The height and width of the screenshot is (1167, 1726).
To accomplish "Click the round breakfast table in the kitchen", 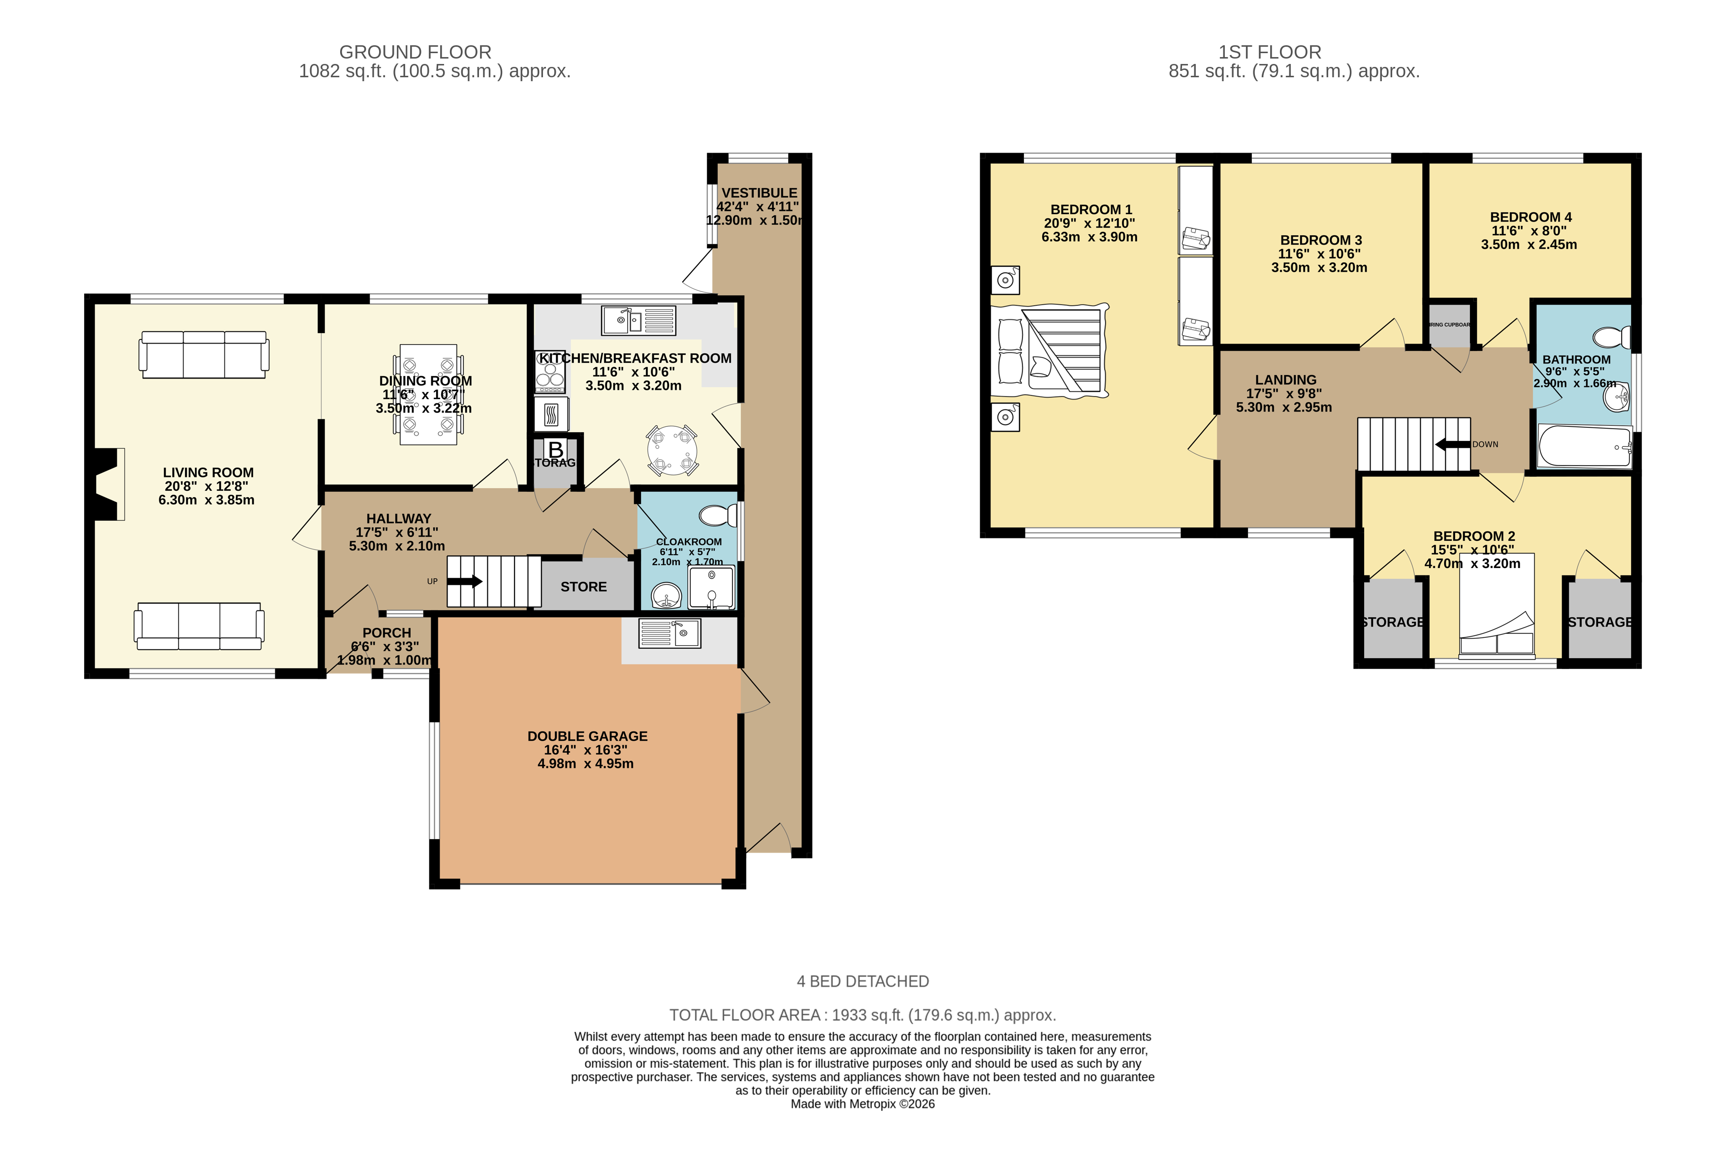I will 672,450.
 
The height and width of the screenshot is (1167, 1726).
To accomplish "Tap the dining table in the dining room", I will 428,394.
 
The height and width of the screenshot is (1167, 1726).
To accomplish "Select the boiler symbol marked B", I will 555,450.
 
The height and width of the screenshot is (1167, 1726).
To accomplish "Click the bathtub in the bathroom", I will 1584,447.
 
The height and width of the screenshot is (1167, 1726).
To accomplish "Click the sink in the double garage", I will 669,633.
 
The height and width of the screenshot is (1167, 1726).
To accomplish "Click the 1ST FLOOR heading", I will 1269,52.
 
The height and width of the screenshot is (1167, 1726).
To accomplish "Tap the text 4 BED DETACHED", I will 862,981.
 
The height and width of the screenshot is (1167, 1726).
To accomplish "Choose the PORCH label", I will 386,632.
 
